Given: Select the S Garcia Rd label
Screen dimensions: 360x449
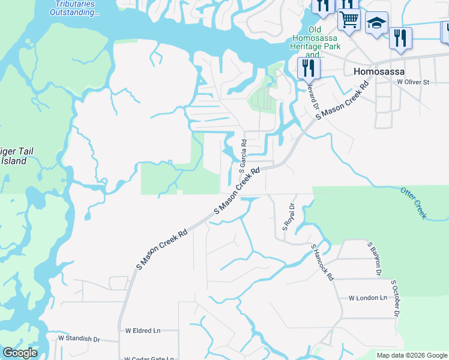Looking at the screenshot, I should (244, 155).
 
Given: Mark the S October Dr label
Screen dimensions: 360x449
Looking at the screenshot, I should (395, 298).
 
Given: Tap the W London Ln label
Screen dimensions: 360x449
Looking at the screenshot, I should (367, 298).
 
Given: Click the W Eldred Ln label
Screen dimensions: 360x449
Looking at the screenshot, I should (143, 331).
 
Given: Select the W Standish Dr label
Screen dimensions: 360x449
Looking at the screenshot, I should (79, 339).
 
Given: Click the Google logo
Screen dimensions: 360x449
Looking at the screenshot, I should (20, 353).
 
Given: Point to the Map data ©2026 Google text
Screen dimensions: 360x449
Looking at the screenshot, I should (412, 355).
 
